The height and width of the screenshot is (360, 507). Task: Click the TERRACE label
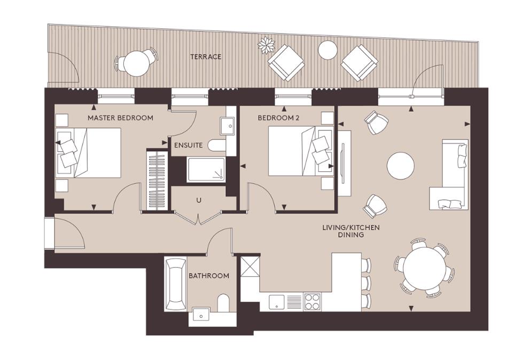(x=206, y=57)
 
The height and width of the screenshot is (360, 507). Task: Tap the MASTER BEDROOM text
(x=120, y=118)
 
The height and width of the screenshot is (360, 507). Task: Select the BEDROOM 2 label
(x=278, y=118)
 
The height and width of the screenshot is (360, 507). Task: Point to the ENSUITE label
(x=188, y=145)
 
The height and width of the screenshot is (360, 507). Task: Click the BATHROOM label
(x=208, y=276)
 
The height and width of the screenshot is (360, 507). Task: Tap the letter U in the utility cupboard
(x=199, y=200)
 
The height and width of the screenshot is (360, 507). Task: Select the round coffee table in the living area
(x=401, y=166)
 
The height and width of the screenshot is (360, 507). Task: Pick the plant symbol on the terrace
(x=265, y=45)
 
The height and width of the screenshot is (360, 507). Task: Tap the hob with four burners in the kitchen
(x=312, y=302)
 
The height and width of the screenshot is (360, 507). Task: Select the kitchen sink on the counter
(x=277, y=302)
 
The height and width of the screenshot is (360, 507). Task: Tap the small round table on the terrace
(x=327, y=50)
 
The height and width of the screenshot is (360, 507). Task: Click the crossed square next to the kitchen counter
(x=249, y=267)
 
